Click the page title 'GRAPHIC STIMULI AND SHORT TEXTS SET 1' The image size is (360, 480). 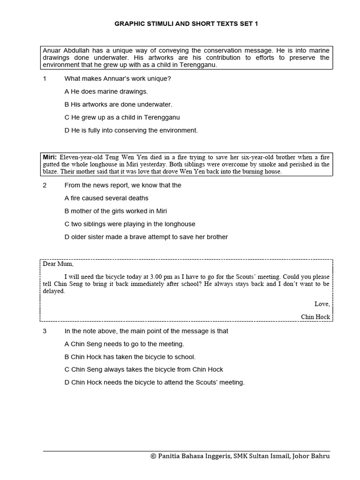pyautogui.click(x=186, y=23)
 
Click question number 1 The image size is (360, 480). pyautogui.click(x=45, y=79)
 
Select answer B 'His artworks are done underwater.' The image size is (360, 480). pyautogui.click(x=118, y=105)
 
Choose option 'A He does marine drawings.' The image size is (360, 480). pyautogui.click(x=106, y=91)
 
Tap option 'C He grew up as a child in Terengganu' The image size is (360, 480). pyautogui.click(x=122, y=117)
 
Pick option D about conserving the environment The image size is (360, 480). pyautogui.click(x=131, y=130)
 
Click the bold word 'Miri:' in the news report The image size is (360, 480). pyautogui.click(x=50, y=158)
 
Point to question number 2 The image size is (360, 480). pyautogui.click(x=45, y=185)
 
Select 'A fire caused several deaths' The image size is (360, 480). pyautogui.click(x=106, y=198)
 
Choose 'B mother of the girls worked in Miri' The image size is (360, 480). pyautogui.click(x=115, y=211)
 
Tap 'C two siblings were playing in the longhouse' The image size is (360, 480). pyautogui.click(x=130, y=224)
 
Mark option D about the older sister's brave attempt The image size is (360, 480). pyautogui.click(x=146, y=237)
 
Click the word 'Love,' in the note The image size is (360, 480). pyautogui.click(x=322, y=304)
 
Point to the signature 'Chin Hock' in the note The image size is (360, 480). pyautogui.click(x=315, y=317)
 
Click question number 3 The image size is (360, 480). pyautogui.click(x=45, y=331)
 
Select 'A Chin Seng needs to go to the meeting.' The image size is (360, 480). pyautogui.click(x=124, y=344)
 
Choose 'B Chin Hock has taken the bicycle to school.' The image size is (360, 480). pyautogui.click(x=130, y=357)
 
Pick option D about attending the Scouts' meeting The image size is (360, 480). pyautogui.click(x=154, y=382)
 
